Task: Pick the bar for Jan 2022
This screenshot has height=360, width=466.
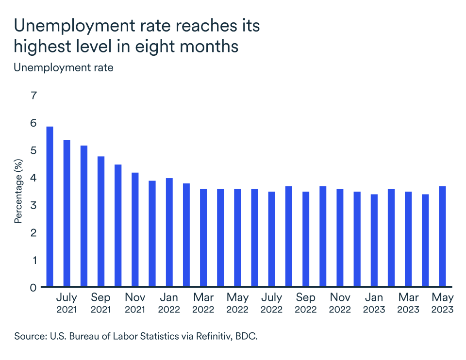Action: [169, 232]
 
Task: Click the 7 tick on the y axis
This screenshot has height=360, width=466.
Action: [33, 96]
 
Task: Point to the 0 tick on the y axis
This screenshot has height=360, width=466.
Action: [33, 287]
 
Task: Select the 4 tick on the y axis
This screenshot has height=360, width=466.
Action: [33, 178]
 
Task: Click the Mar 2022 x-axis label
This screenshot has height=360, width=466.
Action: [203, 303]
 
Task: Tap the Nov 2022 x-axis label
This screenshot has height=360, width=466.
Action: [340, 303]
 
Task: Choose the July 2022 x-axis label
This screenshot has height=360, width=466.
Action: [272, 303]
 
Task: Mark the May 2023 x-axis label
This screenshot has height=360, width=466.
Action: [442, 303]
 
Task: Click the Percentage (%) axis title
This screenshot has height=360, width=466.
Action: [18, 191]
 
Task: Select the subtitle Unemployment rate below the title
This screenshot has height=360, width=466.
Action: [64, 68]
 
